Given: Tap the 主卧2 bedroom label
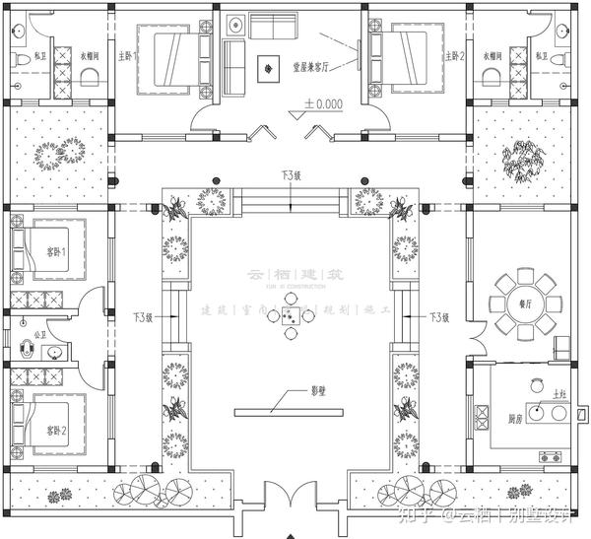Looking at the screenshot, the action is [454, 55].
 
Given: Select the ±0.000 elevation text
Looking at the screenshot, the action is [323, 102].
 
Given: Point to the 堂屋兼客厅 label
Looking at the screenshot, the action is [312, 68].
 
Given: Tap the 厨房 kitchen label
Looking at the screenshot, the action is [514, 419].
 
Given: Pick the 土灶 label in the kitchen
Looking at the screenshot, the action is [559, 394].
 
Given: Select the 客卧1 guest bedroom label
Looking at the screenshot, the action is [56, 252].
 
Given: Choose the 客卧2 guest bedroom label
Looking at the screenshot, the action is [56, 432].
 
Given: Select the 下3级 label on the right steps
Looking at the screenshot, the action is [439, 317].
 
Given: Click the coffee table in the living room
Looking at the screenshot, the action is [267, 68].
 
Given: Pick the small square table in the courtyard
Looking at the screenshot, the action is [293, 315].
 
